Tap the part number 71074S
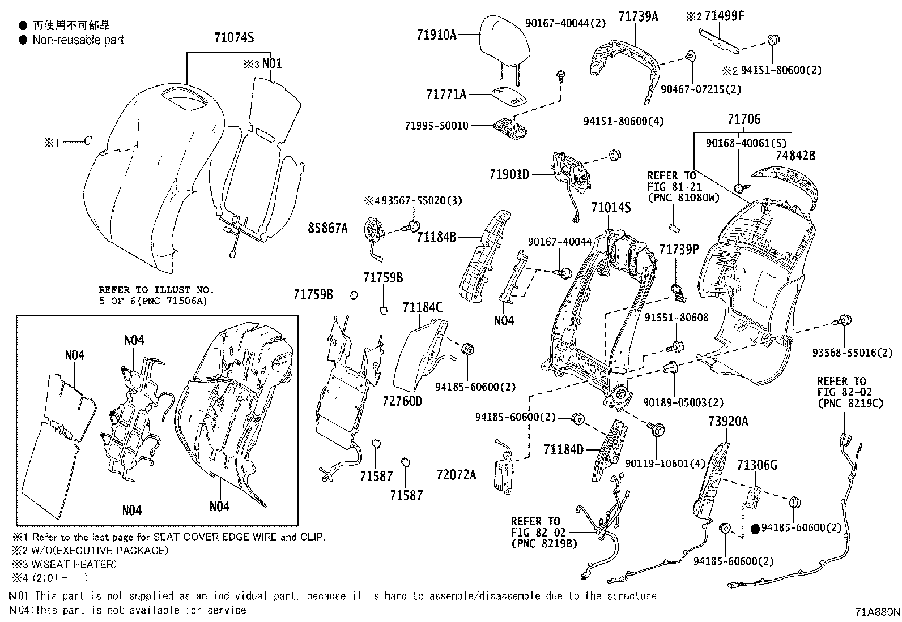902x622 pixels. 234,38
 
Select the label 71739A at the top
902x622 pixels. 638,17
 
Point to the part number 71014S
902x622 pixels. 611,208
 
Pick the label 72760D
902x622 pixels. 403,401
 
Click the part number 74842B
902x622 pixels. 795,156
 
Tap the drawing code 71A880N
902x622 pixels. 877,612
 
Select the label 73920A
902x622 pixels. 728,422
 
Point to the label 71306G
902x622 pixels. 756,465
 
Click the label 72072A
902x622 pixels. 457,474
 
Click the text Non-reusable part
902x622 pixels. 78,40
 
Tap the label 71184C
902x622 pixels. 423,308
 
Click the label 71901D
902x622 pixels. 509,175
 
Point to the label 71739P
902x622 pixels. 679,250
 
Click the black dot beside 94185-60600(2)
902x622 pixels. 755,529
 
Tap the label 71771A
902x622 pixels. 446,94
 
